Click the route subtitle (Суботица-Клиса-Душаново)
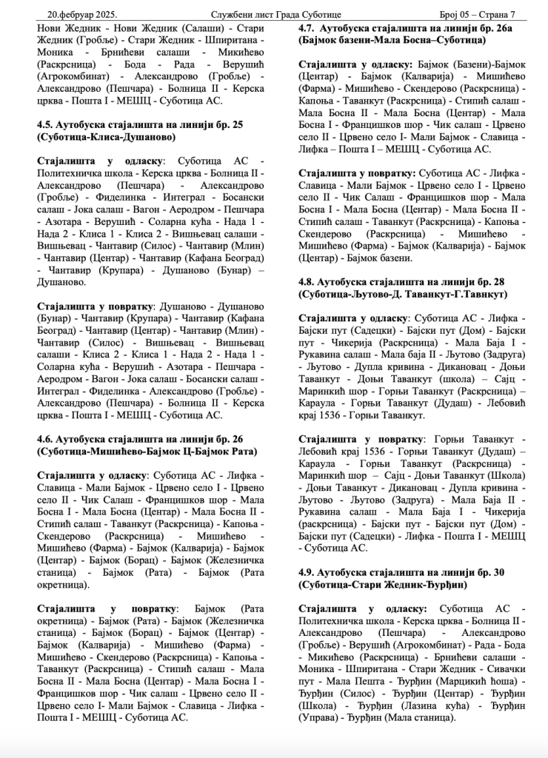pyautogui.click(x=106, y=137)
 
